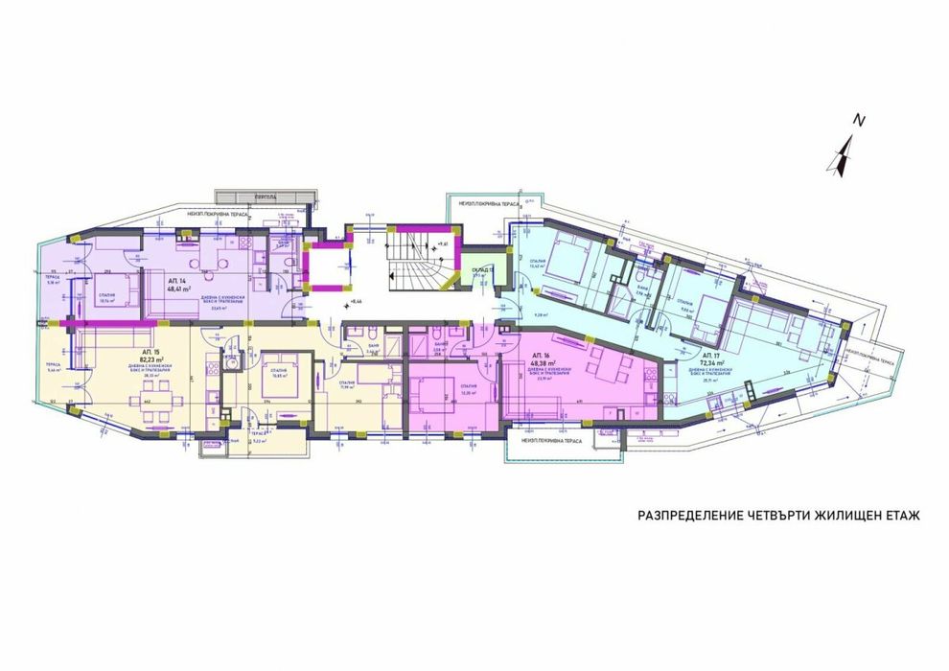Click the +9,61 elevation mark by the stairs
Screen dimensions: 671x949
click(x=442, y=245)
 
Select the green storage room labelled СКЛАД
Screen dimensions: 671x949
click(x=476, y=269)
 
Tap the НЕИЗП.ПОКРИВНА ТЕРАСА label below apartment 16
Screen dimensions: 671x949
click(x=554, y=442)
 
